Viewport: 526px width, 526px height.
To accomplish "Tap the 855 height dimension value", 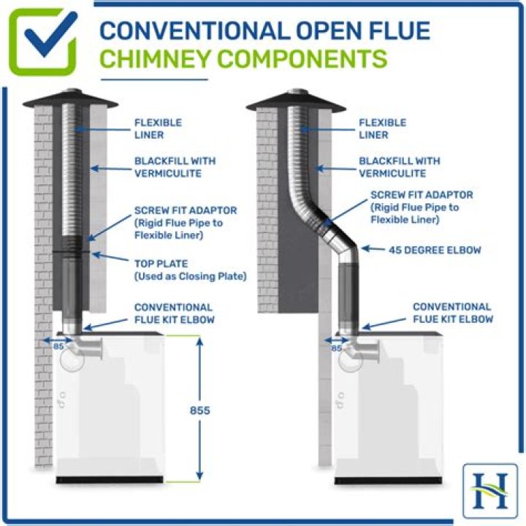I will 200,411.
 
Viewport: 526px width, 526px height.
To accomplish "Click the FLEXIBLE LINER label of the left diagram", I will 158,128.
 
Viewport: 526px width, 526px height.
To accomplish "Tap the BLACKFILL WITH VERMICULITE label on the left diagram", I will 175,167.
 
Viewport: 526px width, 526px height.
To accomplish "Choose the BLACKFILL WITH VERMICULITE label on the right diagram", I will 400,167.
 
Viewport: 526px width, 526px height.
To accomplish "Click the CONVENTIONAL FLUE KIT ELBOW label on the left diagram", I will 173,313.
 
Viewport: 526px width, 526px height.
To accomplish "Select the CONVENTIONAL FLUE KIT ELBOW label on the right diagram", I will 452,313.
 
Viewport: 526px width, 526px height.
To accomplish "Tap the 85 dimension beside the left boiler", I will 58,346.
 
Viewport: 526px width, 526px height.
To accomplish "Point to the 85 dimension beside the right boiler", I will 337,348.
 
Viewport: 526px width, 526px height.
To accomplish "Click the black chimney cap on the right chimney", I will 296,100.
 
